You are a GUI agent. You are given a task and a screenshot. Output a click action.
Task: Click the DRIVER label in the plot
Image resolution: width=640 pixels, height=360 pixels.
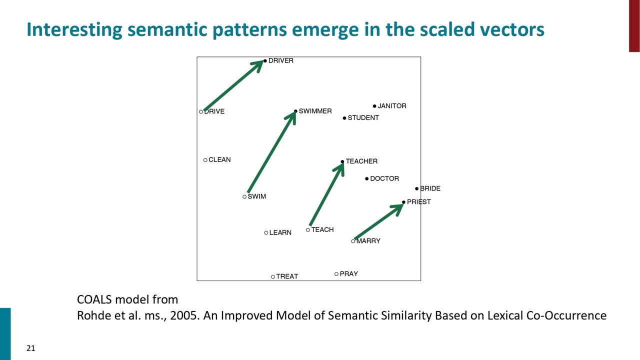pyautogui.click(x=281, y=60)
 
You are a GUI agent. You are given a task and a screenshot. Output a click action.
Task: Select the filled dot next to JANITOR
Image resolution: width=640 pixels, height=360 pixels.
pyautogui.click(x=374, y=106)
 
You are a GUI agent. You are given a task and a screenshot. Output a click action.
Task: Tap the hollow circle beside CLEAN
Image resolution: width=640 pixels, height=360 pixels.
pyautogui.click(x=205, y=160)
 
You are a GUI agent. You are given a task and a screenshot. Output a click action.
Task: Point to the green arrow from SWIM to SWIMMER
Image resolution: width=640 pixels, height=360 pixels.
pyautogui.click(x=271, y=151)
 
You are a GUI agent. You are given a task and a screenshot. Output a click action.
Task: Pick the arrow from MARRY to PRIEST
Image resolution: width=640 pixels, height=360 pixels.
pyautogui.click(x=379, y=221)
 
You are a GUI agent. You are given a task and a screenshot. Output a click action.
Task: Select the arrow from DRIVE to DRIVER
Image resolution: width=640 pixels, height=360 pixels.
pyautogui.click(x=233, y=85)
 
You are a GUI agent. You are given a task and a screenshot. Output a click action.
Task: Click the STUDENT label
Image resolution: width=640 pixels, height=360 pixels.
pyautogui.click(x=363, y=117)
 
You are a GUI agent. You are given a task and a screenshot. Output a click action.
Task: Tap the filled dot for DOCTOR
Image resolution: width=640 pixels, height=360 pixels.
pyautogui.click(x=367, y=179)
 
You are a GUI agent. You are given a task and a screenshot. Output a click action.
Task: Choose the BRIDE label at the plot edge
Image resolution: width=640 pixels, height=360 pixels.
pyautogui.click(x=430, y=188)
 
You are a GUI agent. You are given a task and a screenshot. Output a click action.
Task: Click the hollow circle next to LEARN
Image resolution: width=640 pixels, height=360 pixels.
pyautogui.click(x=266, y=233)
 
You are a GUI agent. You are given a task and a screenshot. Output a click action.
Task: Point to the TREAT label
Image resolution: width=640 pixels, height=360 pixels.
pyautogui.click(x=287, y=276)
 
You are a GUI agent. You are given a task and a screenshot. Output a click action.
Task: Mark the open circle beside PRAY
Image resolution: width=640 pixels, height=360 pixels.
pyautogui.click(x=336, y=274)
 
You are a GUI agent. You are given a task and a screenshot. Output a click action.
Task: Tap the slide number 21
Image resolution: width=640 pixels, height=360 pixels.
pyautogui.click(x=31, y=348)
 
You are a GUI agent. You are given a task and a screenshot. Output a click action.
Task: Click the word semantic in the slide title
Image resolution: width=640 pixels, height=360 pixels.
pyautogui.click(x=167, y=29)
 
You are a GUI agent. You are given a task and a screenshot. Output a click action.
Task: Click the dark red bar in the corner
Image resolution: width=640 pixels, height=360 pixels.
pyautogui.click(x=634, y=25)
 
